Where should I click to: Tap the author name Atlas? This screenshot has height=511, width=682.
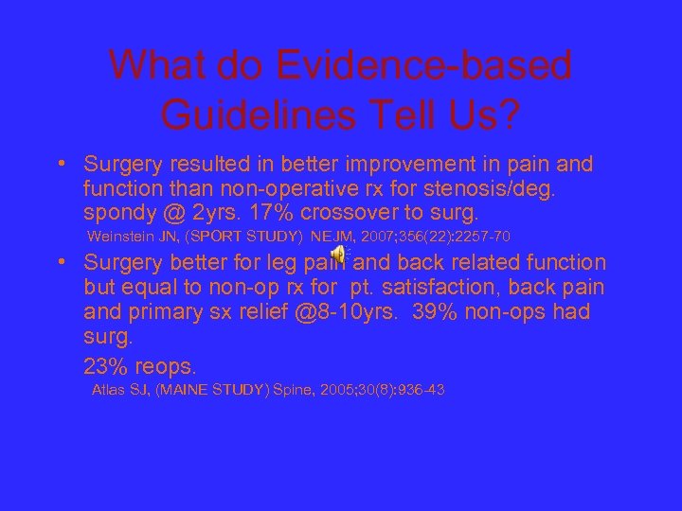pos(107,390)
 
